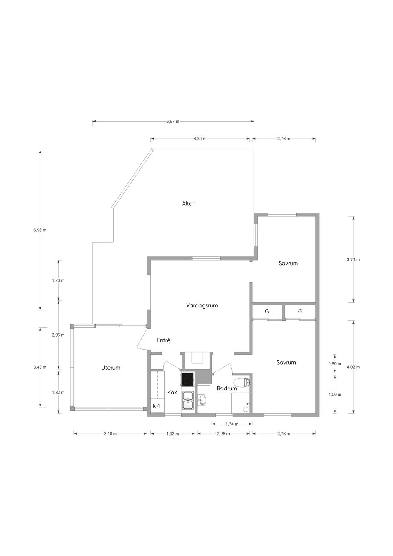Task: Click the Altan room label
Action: [189, 203]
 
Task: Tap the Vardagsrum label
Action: [202, 305]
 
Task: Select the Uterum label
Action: [111, 368]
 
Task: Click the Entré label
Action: [163, 340]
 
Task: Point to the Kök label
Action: [172, 393]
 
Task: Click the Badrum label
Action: [227, 388]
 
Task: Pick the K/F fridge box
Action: [157, 406]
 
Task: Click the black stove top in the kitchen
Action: [187, 380]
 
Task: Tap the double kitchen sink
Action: [188, 400]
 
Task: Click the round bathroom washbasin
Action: [202, 400]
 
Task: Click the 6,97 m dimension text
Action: [173, 122]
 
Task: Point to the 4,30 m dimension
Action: [200, 139]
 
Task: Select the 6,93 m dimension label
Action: [40, 230]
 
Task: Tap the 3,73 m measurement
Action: [353, 260]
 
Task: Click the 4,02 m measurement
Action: [353, 367]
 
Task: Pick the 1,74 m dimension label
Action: [232, 424]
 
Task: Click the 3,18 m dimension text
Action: [110, 434]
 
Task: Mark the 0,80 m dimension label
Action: [335, 364]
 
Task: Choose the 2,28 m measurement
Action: [223, 434]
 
